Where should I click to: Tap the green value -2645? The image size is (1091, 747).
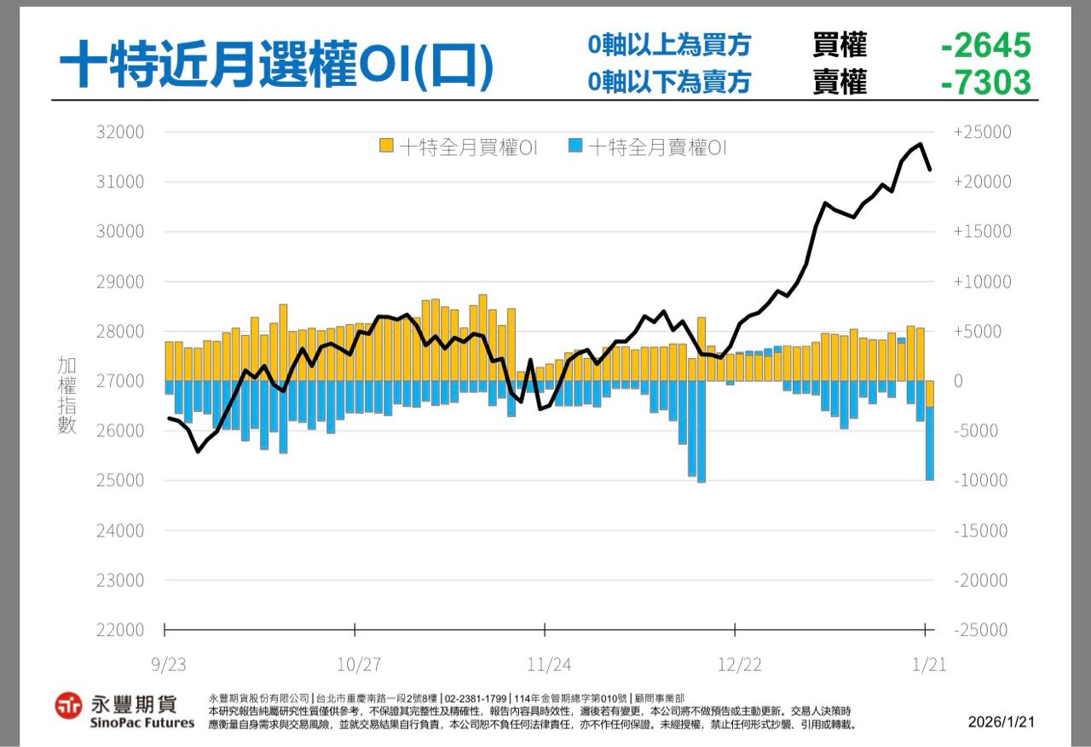click(986, 45)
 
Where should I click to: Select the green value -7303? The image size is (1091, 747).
click(986, 83)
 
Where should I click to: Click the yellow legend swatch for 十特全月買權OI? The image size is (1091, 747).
click(386, 147)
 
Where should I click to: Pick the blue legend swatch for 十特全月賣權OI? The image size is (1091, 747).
click(575, 147)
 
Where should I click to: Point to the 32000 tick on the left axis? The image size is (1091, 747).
click(122, 132)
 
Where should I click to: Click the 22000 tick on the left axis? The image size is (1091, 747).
click(122, 630)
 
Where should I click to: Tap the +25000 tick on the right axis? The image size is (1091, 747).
click(982, 132)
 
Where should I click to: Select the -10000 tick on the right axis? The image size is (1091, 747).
click(982, 480)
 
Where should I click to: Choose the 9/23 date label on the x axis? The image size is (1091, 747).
click(169, 664)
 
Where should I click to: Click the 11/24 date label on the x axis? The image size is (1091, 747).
click(549, 664)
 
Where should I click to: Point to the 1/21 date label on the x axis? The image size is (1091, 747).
click(929, 664)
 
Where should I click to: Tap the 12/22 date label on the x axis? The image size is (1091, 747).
click(740, 664)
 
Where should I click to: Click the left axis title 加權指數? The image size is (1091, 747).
click(66, 396)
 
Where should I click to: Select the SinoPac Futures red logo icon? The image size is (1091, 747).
click(68, 705)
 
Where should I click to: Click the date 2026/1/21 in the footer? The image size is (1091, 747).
click(1001, 722)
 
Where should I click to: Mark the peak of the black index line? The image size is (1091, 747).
click(921, 144)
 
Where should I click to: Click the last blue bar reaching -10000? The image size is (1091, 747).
click(930, 443)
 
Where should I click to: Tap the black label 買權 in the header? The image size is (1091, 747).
click(840, 44)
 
